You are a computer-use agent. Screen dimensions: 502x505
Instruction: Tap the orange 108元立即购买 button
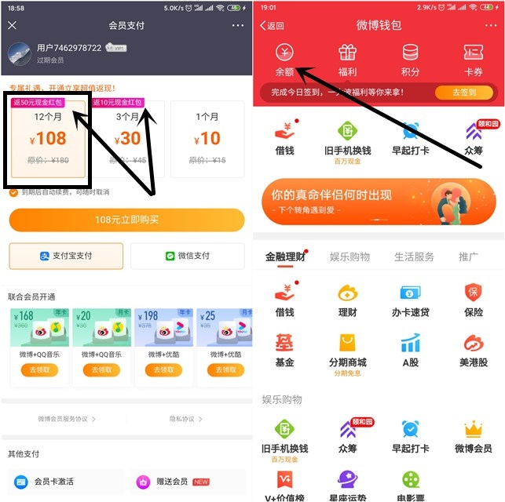[x=126, y=220]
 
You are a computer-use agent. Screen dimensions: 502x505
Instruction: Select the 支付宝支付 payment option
[x=66, y=256]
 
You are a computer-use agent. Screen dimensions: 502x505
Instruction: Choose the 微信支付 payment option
[x=188, y=256]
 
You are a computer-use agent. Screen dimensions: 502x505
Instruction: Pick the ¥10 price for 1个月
[x=209, y=138]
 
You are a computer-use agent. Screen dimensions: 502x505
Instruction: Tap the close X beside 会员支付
[x=12, y=25]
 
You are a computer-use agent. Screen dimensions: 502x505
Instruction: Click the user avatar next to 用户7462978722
[x=20, y=53]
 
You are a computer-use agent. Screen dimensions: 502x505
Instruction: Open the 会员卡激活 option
[x=66, y=482]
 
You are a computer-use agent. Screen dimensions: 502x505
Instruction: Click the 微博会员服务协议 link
[x=66, y=419]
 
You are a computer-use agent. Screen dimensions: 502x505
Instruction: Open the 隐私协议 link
[x=186, y=419]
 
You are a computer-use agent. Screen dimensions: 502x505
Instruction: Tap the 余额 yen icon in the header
[x=284, y=53]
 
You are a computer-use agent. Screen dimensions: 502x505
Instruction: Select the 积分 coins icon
[x=410, y=53]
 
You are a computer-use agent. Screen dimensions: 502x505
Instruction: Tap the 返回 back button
[x=272, y=25]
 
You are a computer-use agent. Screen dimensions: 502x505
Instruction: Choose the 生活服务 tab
[x=414, y=256]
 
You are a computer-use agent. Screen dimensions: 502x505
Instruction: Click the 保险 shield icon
[x=473, y=293]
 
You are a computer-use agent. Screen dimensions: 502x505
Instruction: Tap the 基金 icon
[x=284, y=344]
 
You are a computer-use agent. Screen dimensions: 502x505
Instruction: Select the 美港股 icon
[x=473, y=344]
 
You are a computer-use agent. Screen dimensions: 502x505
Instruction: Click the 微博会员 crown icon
[x=473, y=429]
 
